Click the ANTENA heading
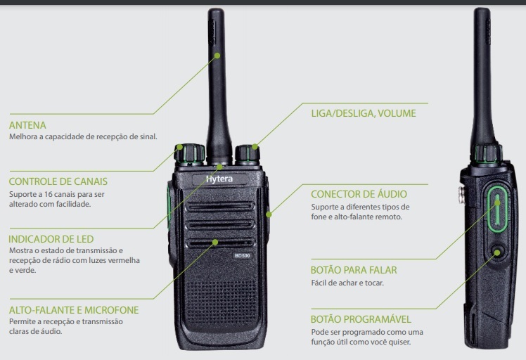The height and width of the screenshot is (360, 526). (28, 125)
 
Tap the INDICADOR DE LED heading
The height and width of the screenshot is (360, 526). (51, 239)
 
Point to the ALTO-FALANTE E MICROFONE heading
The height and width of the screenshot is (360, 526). (74, 310)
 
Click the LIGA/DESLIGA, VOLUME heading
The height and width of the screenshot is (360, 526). (363, 112)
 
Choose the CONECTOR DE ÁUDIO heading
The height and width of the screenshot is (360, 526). (359, 194)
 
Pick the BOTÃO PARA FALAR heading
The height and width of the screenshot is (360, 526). (354, 270)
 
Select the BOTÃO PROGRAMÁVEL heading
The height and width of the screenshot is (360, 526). (361, 319)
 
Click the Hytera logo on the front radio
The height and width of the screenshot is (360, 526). (219, 179)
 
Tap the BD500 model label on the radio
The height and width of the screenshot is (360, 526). (243, 254)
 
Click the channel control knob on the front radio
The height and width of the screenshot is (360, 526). (190, 154)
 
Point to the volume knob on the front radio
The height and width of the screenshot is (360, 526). (248, 154)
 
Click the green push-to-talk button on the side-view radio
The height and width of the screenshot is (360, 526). (497, 207)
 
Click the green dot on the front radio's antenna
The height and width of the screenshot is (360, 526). (218, 54)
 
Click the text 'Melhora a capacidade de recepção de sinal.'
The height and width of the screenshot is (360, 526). (83, 137)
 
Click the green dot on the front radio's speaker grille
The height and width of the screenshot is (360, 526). (217, 241)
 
